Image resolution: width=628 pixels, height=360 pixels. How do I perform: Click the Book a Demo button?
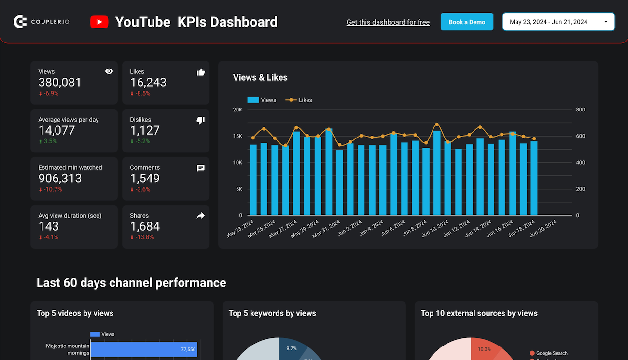[x=467, y=22]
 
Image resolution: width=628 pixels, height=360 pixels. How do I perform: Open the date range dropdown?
[x=558, y=22]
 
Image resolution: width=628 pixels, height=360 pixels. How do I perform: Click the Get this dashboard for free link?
[x=388, y=22]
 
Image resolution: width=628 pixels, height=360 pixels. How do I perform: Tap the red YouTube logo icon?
[x=99, y=22]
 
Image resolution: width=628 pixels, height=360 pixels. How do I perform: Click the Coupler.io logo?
[x=42, y=22]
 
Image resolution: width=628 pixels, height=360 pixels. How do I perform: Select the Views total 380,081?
[x=60, y=83]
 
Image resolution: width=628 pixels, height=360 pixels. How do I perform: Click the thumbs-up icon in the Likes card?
[x=201, y=72]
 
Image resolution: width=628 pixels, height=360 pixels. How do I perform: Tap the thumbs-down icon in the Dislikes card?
[x=201, y=120]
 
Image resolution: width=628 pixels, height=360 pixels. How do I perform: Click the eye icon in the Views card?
[x=109, y=71]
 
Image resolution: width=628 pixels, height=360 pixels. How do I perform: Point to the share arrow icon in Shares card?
[x=201, y=216]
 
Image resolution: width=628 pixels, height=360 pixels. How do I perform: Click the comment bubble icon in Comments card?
[x=201, y=168]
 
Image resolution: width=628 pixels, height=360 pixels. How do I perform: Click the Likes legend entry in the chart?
[x=299, y=100]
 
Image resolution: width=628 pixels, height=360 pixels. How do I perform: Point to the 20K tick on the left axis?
[x=237, y=110]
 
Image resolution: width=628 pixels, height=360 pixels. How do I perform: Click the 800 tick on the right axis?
[x=580, y=110]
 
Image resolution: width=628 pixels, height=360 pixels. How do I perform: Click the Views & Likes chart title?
[x=260, y=77]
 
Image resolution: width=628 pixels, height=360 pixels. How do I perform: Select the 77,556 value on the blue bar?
[x=188, y=349]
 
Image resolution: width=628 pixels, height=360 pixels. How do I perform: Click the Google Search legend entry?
[x=551, y=353]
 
